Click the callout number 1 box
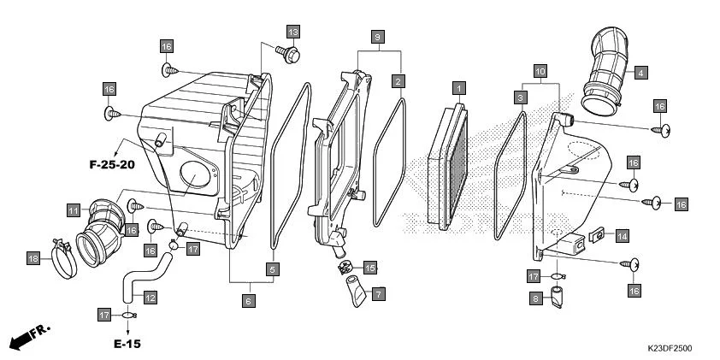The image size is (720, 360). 459,88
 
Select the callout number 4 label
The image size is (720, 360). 640,74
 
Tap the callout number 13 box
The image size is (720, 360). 292,32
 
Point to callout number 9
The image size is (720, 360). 377,37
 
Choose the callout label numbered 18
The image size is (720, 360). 33,258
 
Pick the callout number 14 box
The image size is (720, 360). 622,235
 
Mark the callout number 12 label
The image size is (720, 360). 150,298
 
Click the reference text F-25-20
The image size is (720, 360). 111,163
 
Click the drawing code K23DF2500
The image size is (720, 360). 670,348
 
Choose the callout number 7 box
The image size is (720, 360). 377,293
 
